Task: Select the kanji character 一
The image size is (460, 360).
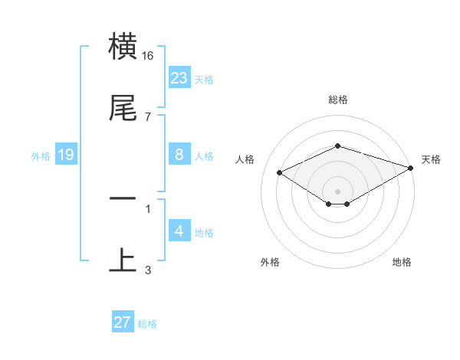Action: [123, 199]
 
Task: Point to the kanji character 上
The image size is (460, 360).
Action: [123, 260]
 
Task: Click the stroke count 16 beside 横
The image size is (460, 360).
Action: [148, 56]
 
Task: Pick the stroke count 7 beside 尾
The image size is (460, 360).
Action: [148, 116]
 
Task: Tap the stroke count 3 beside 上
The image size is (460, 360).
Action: [148, 270]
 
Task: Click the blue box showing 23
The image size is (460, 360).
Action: [179, 78]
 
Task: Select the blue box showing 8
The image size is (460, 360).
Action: [179, 155]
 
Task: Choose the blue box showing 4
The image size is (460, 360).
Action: [179, 231]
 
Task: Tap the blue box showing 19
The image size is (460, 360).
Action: [66, 155]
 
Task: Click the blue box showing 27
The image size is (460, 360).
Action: [123, 322]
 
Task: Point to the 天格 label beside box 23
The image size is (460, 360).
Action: [204, 80]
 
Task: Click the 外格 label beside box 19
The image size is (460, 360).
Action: [41, 156]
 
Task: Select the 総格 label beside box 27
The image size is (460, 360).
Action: [147, 324]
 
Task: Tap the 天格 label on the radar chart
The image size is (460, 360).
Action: [431, 159]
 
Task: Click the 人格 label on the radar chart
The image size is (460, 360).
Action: [245, 159]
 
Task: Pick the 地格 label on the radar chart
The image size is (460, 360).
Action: [402, 262]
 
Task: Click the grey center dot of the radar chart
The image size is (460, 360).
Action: [338, 191]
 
